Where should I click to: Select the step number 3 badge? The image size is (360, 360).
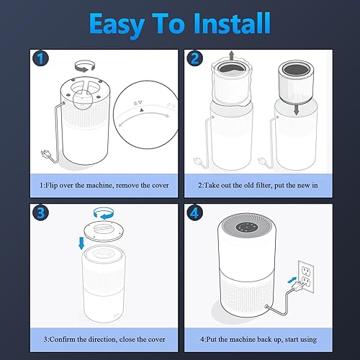tap(42, 214)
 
